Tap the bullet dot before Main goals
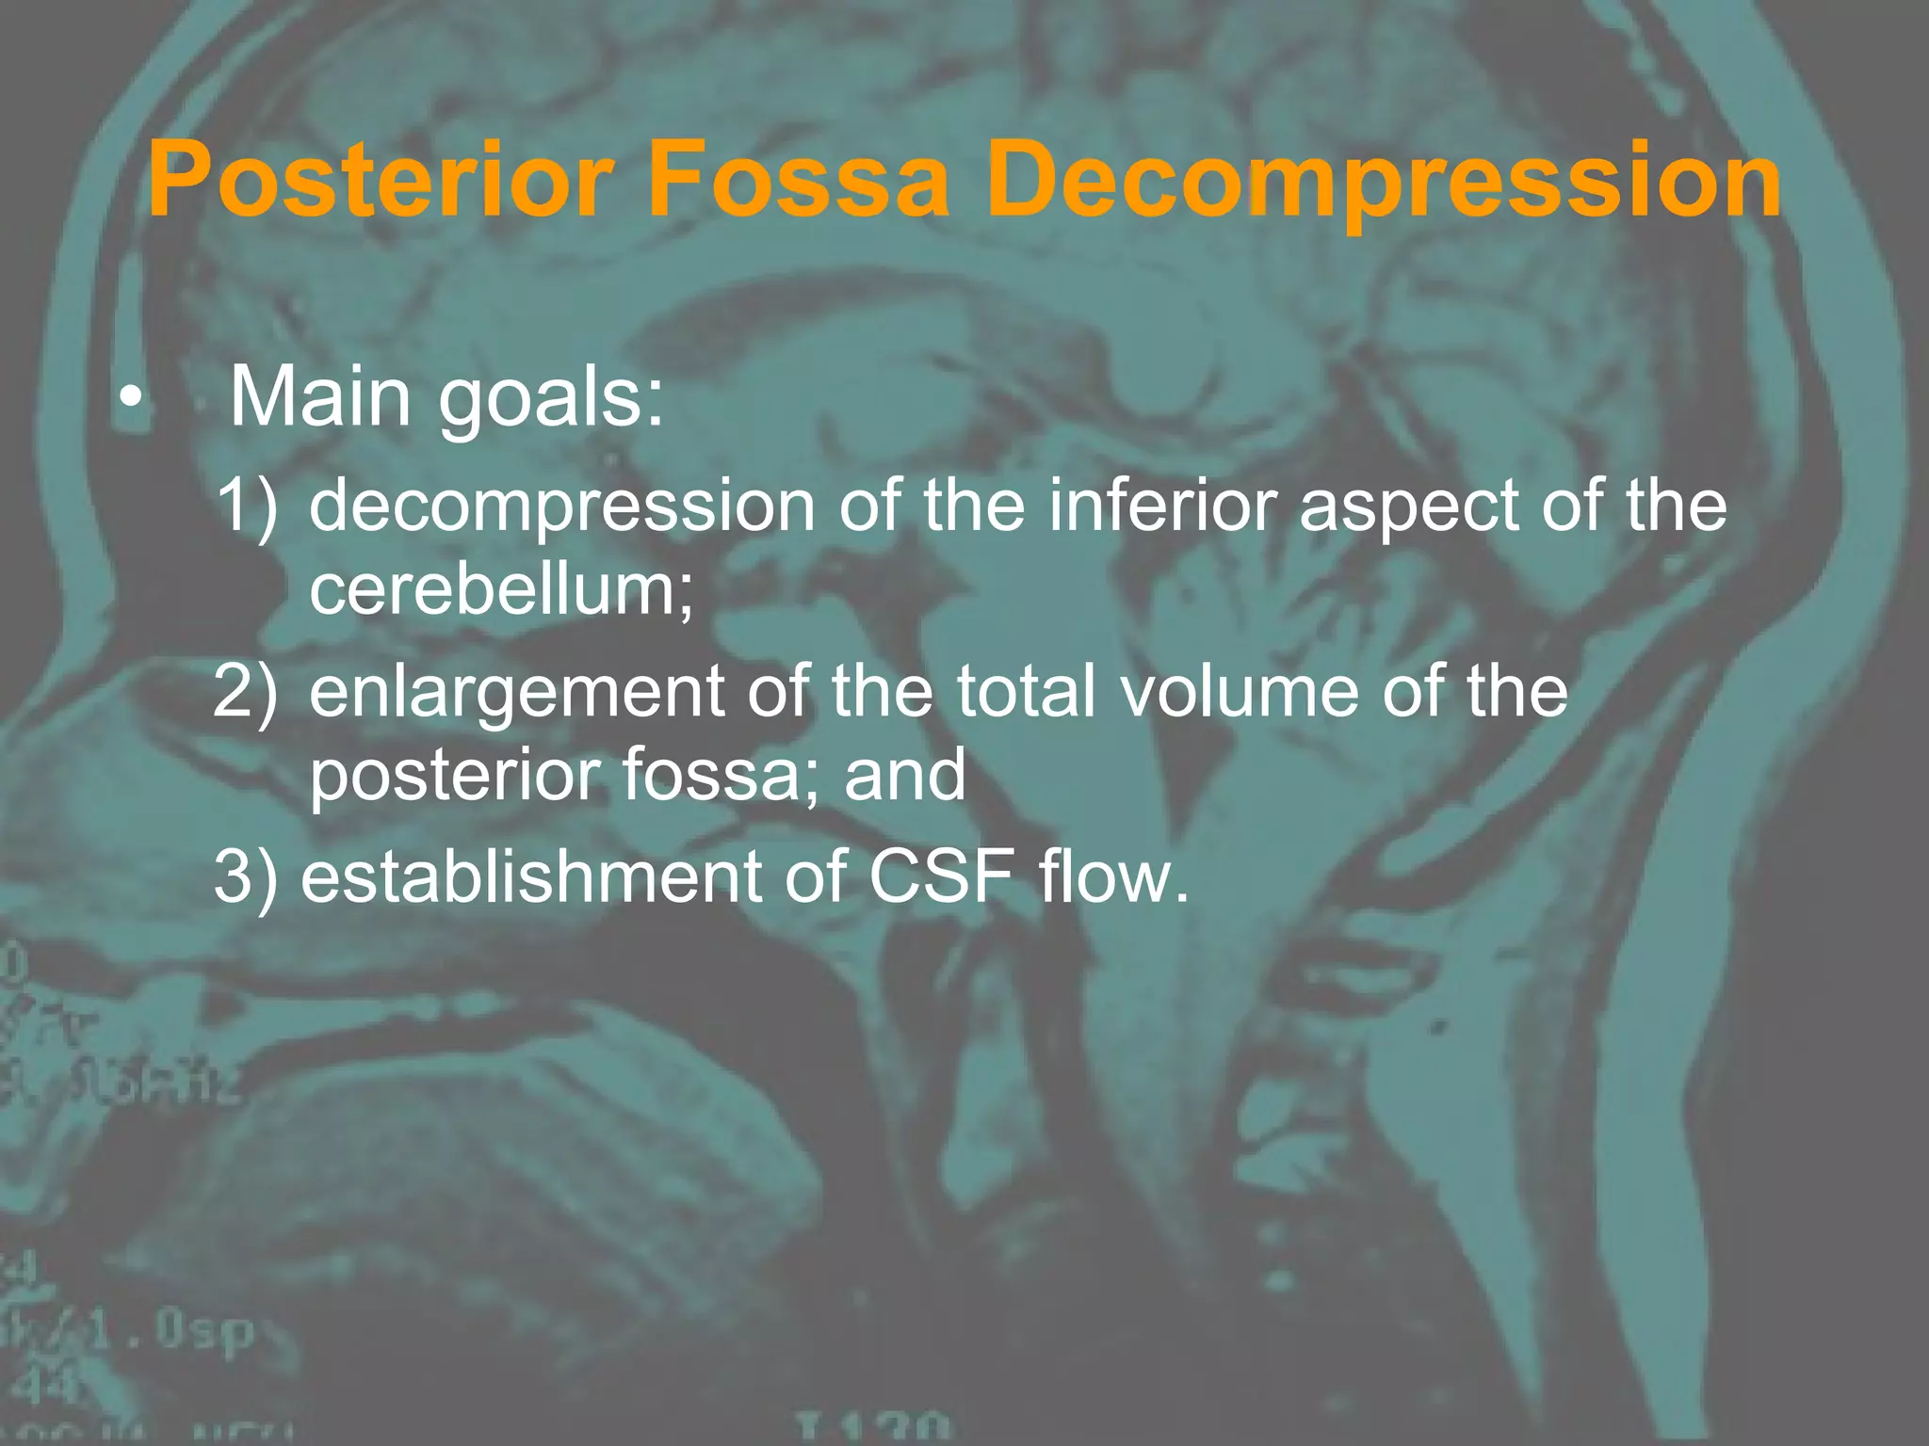click(x=132, y=400)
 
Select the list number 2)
click(x=247, y=692)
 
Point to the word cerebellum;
click(x=501, y=589)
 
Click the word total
click(x=1027, y=692)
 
